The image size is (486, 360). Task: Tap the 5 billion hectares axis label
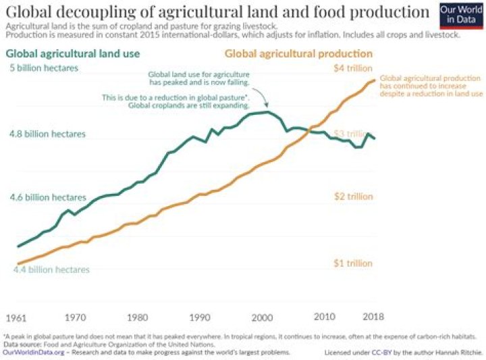(44, 68)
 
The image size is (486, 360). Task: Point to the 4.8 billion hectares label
(47, 134)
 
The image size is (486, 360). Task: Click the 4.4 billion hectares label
(51, 269)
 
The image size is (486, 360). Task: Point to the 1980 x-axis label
(137, 317)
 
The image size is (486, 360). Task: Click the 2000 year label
(261, 317)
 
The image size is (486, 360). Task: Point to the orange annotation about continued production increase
(431, 86)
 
